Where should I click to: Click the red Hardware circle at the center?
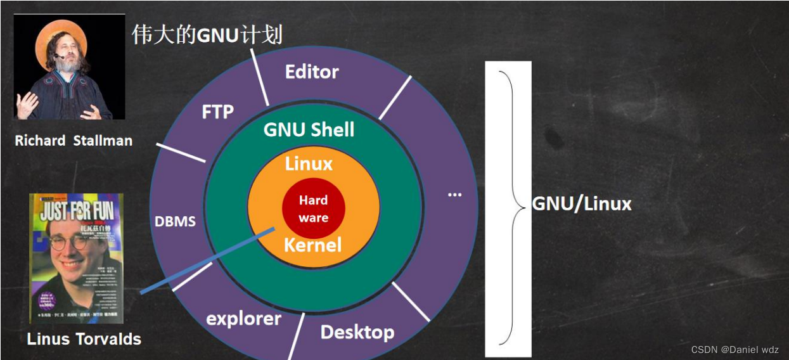(x=313, y=209)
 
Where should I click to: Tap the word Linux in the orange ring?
(x=309, y=164)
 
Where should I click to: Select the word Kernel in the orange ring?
(x=312, y=245)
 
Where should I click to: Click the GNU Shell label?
(x=309, y=130)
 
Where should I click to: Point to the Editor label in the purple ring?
(x=312, y=72)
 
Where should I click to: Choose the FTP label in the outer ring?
(x=217, y=112)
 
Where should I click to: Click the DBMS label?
(x=175, y=222)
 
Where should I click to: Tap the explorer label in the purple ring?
(x=243, y=318)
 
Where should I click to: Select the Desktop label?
(x=357, y=331)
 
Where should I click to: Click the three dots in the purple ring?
(x=454, y=195)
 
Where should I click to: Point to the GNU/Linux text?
(x=581, y=203)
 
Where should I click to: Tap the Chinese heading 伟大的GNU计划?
(x=207, y=35)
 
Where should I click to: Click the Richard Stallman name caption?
(x=74, y=141)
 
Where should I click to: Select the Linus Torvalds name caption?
(x=84, y=339)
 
